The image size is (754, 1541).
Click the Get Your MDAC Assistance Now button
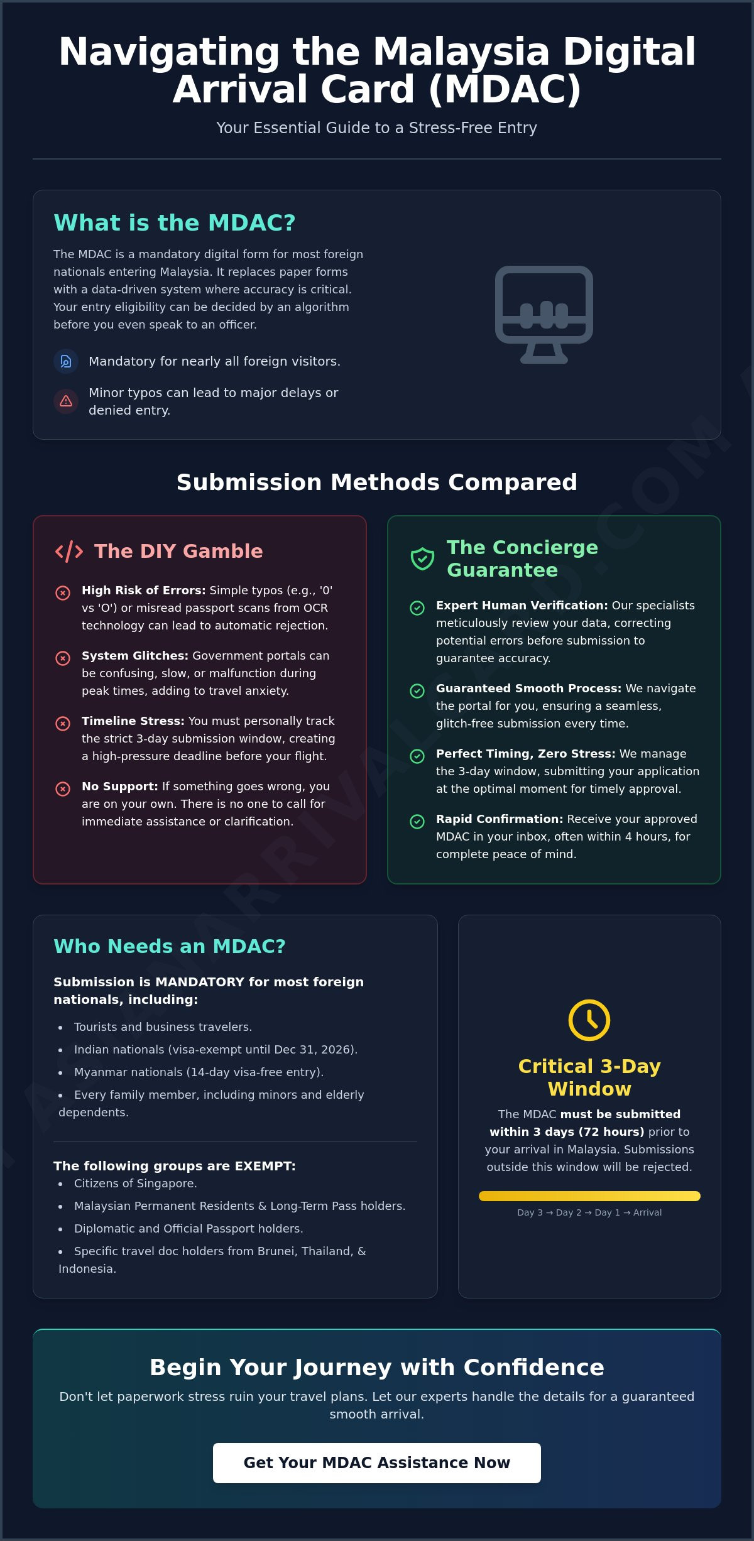click(377, 1463)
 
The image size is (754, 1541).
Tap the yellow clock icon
click(589, 1020)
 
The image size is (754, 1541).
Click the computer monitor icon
click(544, 314)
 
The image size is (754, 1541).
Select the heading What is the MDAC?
click(175, 222)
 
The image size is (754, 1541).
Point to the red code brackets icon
click(69, 551)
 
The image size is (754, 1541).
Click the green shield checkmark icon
click(422, 558)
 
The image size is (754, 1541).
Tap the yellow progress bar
click(589, 1196)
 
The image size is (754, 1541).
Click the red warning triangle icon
click(66, 401)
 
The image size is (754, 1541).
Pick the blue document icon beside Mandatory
click(66, 361)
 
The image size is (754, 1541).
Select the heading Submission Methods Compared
click(377, 482)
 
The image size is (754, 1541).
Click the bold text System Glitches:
click(135, 655)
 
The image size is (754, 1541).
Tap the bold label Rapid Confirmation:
click(500, 819)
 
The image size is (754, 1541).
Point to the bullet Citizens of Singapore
click(136, 1183)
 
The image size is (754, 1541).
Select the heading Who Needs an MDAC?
click(170, 946)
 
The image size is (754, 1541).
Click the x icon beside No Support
click(63, 788)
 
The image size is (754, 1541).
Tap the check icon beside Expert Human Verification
click(417, 607)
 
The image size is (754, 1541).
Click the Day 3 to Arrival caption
click(589, 1212)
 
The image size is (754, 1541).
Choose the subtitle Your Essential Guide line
click(377, 128)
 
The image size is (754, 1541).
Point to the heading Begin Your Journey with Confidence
click(377, 1367)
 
